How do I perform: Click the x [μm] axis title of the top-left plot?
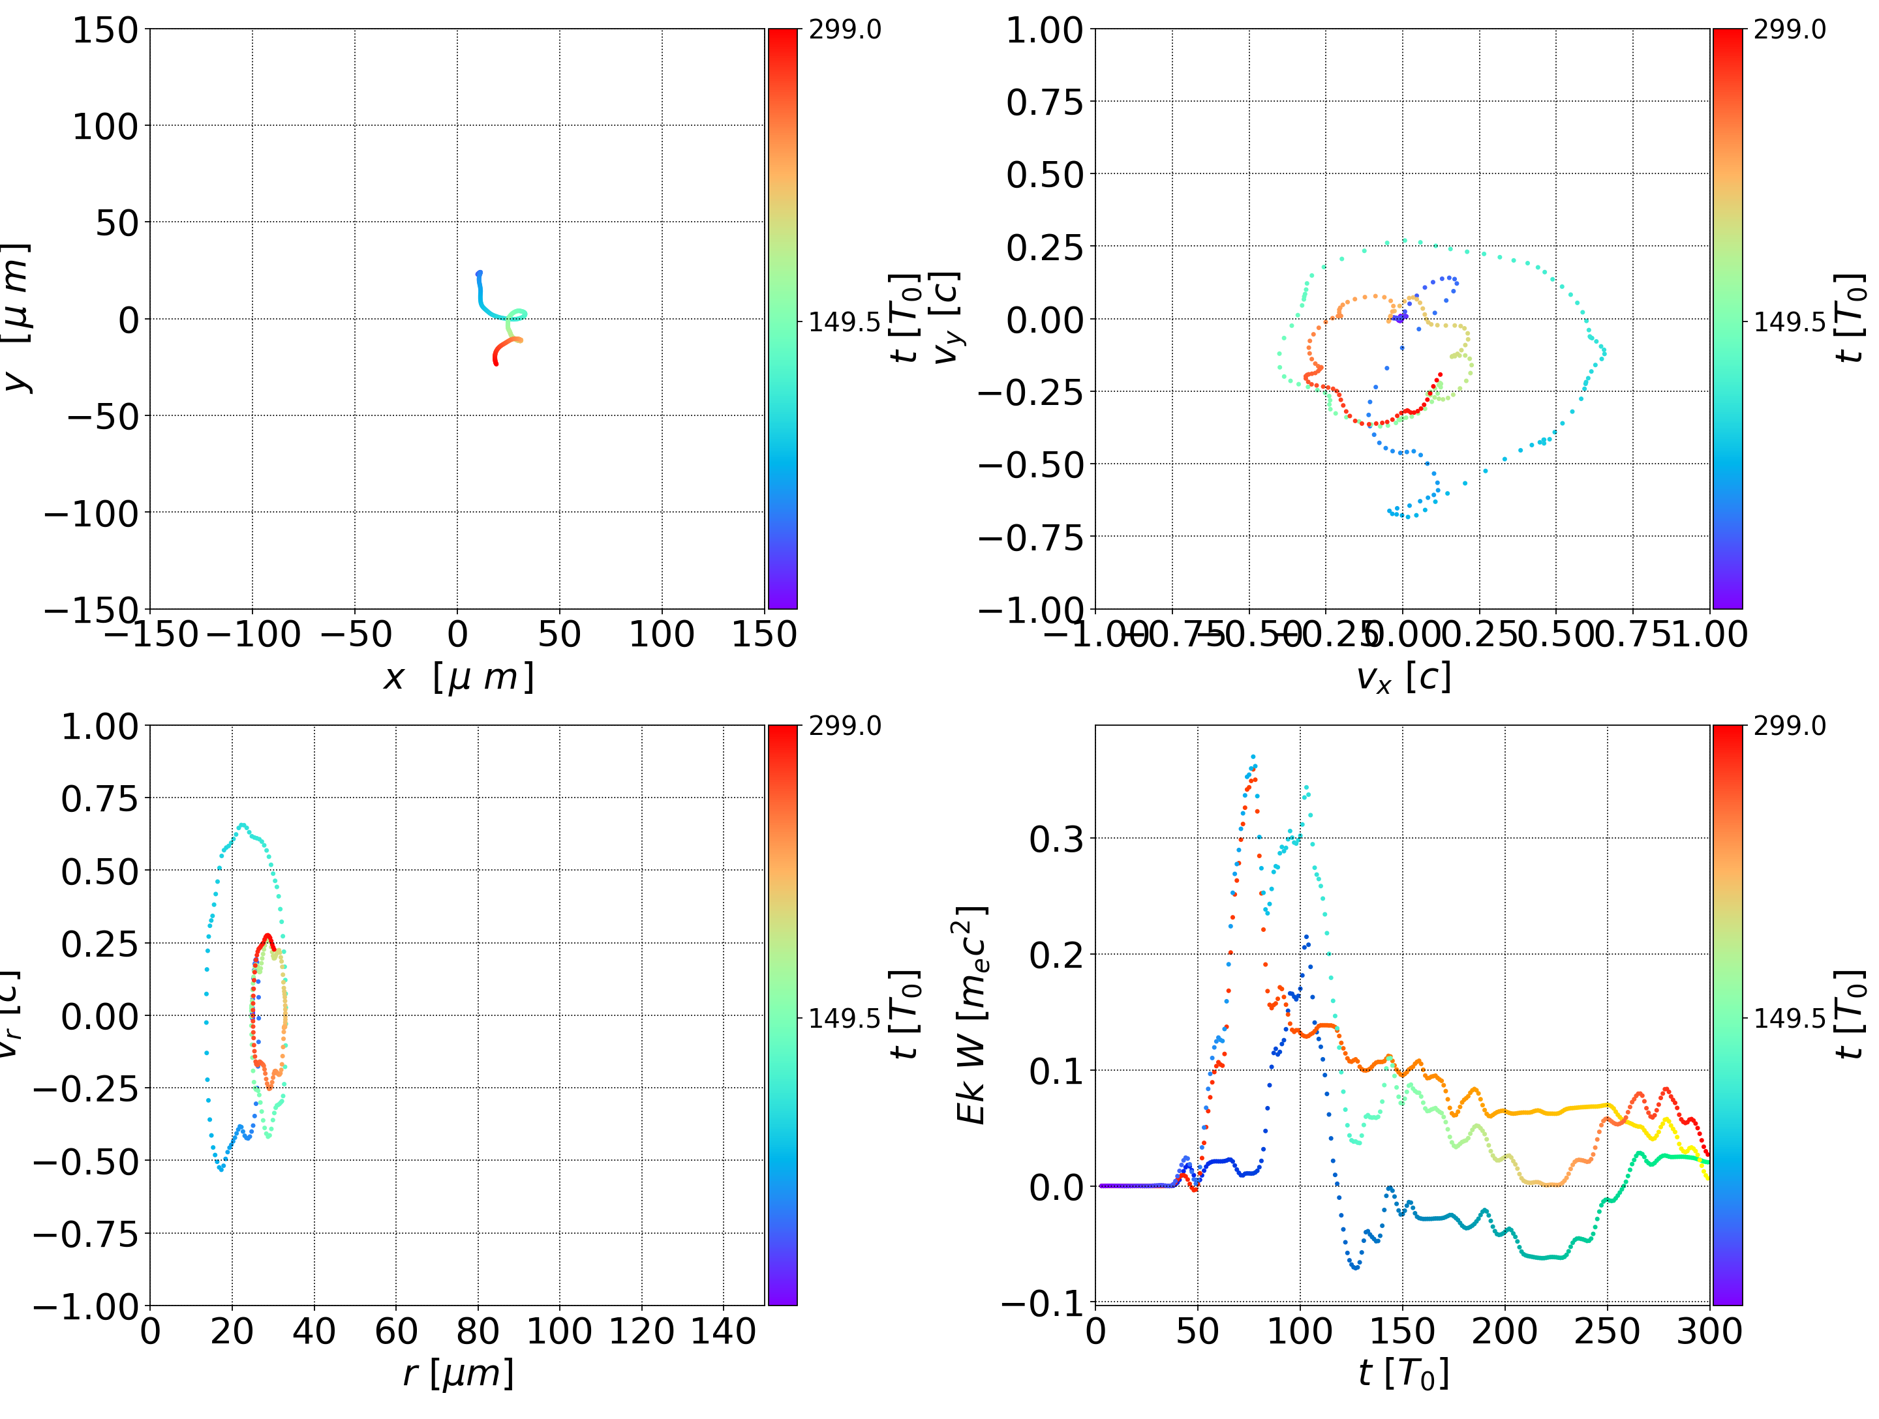(458, 678)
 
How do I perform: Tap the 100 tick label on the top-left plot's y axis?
(104, 127)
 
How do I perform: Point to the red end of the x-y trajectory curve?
(496, 363)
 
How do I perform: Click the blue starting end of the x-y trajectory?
(479, 273)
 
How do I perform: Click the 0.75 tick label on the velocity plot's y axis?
(1045, 103)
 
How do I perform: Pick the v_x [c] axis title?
(1403, 678)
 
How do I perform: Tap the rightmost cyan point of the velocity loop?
(1604, 351)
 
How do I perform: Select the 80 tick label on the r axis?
(478, 1332)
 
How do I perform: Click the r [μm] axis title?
(458, 1374)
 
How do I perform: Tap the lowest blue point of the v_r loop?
(222, 1169)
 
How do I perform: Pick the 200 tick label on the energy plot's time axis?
(1505, 1332)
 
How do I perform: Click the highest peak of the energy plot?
(1253, 756)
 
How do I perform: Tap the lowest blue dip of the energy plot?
(1356, 1268)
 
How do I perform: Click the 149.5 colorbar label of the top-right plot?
(1789, 322)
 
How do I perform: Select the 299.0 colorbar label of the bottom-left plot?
(844, 726)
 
